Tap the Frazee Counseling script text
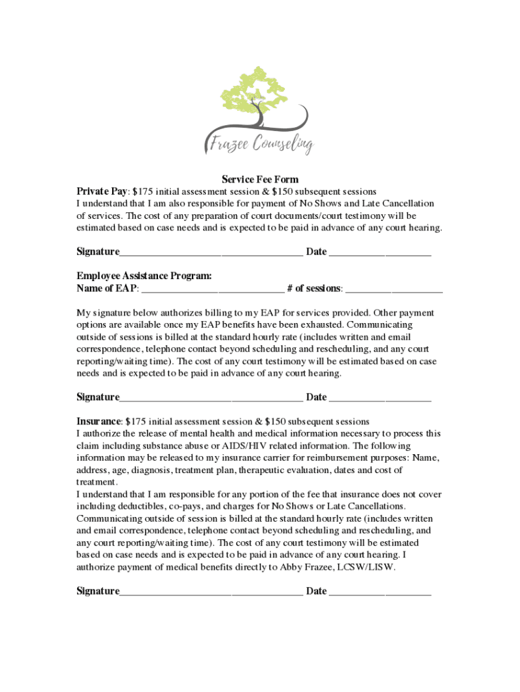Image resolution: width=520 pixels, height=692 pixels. click(x=259, y=143)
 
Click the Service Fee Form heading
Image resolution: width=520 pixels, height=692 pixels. click(x=260, y=180)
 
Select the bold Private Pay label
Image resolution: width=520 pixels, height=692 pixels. click(x=102, y=191)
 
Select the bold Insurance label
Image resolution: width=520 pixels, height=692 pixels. click(x=98, y=421)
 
